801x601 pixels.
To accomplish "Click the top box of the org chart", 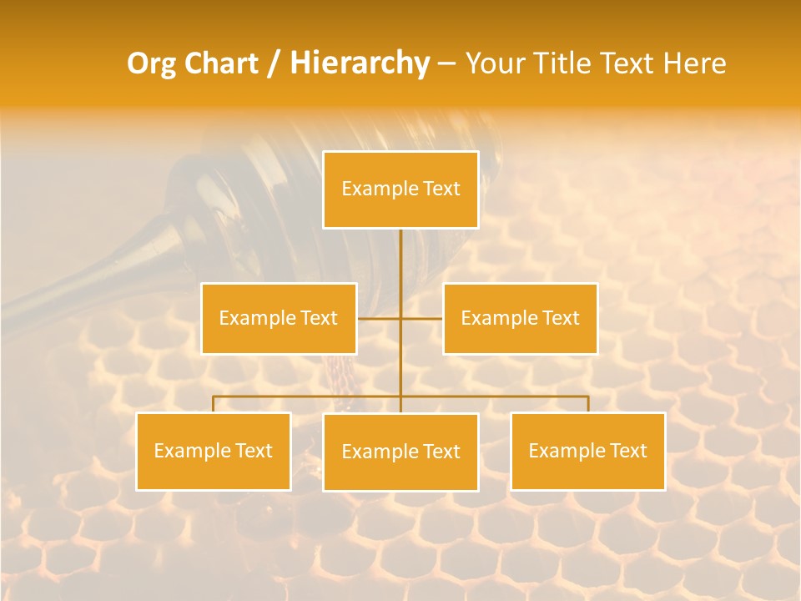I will pos(400,189).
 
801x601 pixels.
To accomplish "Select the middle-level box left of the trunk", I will pos(279,318).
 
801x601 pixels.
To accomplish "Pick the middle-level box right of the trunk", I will pos(520,318).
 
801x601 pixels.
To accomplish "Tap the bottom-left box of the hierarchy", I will pos(214,451).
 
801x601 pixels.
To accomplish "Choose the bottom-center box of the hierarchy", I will pos(400,452).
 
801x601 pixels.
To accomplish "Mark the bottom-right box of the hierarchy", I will pos(587,451).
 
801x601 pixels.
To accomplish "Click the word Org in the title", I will pos(151,63).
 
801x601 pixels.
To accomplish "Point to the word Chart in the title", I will pos(221,63).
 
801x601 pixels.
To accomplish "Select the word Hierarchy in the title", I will pos(360,63).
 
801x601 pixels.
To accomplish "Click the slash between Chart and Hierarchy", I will pos(275,63).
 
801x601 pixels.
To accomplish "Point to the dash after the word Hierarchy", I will pos(446,63).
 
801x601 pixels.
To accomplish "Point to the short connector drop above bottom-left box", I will pos(214,404).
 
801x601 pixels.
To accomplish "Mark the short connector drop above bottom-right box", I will pos(587,404).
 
